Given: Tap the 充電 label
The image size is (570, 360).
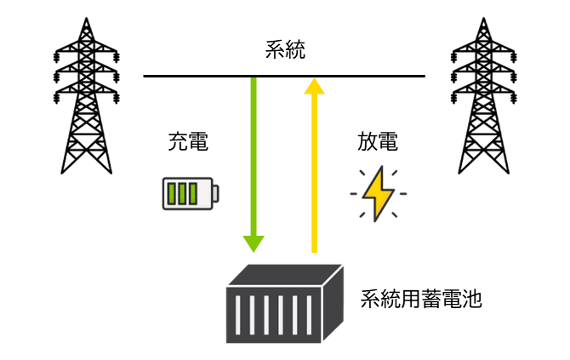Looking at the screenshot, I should pos(188,142).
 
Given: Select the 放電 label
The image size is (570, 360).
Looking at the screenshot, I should pos(377,142).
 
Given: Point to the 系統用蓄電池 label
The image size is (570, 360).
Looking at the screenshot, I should pos(421,300).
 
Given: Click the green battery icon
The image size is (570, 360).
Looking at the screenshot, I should pos(190,192).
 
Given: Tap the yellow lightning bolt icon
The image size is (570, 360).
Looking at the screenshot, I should pos(378,193).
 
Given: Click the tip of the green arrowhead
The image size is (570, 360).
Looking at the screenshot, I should pos(254,251).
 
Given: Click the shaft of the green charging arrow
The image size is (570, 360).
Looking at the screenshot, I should pos(254,153).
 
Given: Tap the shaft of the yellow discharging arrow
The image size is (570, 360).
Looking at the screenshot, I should pos(315,170).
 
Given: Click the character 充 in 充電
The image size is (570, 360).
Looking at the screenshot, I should pos(178,142).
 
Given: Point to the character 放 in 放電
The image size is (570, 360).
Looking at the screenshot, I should pos(367,142).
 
